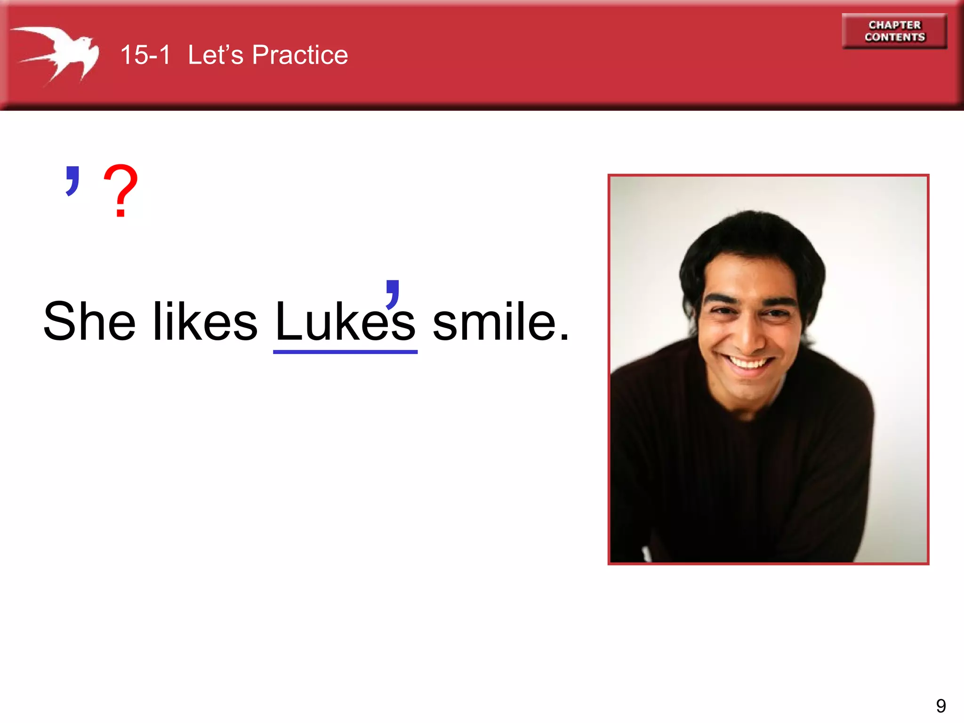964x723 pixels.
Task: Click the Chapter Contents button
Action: click(x=894, y=31)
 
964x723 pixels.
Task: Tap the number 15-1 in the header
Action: click(x=145, y=55)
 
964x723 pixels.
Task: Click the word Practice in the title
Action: click(x=300, y=55)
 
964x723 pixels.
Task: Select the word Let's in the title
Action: click(x=216, y=55)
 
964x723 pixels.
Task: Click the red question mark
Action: click(x=120, y=191)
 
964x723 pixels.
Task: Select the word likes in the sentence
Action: click(x=205, y=322)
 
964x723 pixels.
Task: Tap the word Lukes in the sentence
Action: click(x=345, y=322)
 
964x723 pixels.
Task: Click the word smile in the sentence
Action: click(x=495, y=322)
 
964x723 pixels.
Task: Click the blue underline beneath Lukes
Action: click(x=345, y=352)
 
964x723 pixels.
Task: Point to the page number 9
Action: click(x=940, y=706)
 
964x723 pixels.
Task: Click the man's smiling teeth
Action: click(x=748, y=362)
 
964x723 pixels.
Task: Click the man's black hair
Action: click(x=753, y=235)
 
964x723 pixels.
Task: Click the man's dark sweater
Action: click(x=744, y=471)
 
